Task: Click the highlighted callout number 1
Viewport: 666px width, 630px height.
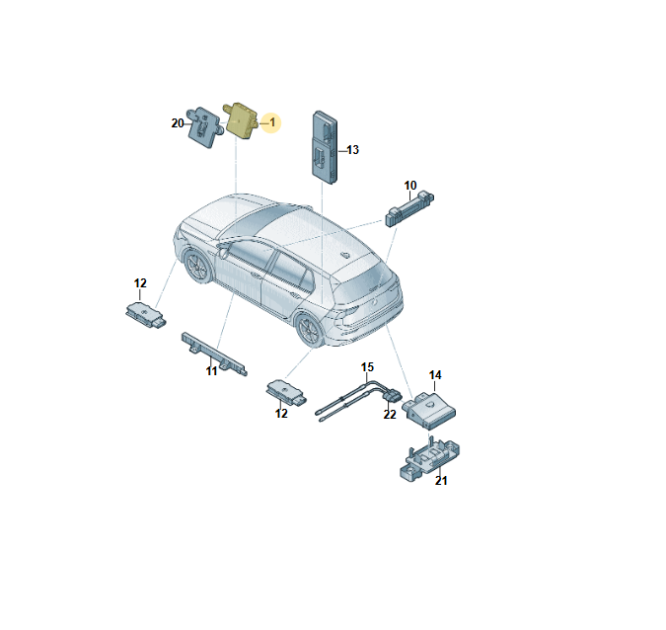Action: click(x=272, y=122)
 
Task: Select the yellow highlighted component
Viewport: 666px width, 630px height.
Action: click(x=242, y=119)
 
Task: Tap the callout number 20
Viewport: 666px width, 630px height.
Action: click(x=178, y=123)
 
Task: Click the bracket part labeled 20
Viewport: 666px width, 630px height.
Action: click(x=205, y=127)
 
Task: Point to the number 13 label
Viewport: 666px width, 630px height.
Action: click(x=352, y=150)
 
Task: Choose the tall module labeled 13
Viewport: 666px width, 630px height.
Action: click(x=326, y=147)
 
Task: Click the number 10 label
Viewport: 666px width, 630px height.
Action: click(x=410, y=186)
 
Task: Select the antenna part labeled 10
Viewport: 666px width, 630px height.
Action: click(x=409, y=208)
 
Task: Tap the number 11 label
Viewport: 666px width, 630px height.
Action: click(x=211, y=371)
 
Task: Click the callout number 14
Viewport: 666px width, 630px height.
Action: click(x=435, y=375)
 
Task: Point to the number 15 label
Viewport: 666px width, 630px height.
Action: click(x=367, y=367)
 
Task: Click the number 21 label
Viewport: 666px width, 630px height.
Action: click(x=441, y=480)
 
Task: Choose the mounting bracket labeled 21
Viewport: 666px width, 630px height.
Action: click(x=429, y=460)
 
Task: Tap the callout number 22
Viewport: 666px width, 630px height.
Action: click(x=390, y=415)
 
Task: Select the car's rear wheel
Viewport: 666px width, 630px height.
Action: click(x=310, y=330)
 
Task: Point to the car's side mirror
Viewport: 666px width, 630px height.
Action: click(x=222, y=252)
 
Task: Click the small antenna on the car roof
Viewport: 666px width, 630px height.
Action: click(x=345, y=255)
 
